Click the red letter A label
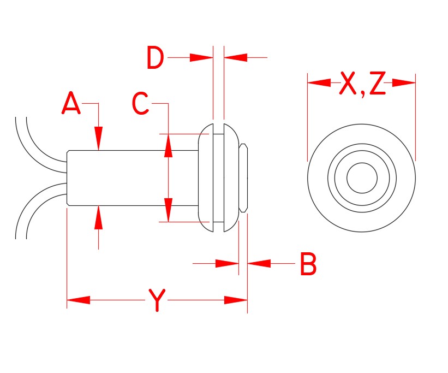pyautogui.click(x=71, y=104)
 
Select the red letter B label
pyautogui.click(x=308, y=264)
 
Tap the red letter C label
pyautogui.click(x=141, y=104)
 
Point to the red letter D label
pyautogui.click(x=155, y=58)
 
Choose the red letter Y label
pyautogui.click(x=157, y=300)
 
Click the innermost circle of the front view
pyautogui.click(x=362, y=178)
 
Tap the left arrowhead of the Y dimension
pyautogui.click(x=78, y=300)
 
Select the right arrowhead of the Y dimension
pyautogui.click(x=236, y=300)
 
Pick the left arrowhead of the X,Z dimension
pyautogui.click(x=319, y=83)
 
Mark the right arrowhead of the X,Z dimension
pyautogui.click(x=404, y=83)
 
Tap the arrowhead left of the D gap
pyautogui.click(x=201, y=57)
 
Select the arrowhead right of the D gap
pyautogui.click(x=236, y=57)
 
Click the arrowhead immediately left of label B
pyautogui.click(x=260, y=264)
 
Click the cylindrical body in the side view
pyautogui.click(x=131, y=178)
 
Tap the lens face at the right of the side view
pyautogui.click(x=245, y=178)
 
